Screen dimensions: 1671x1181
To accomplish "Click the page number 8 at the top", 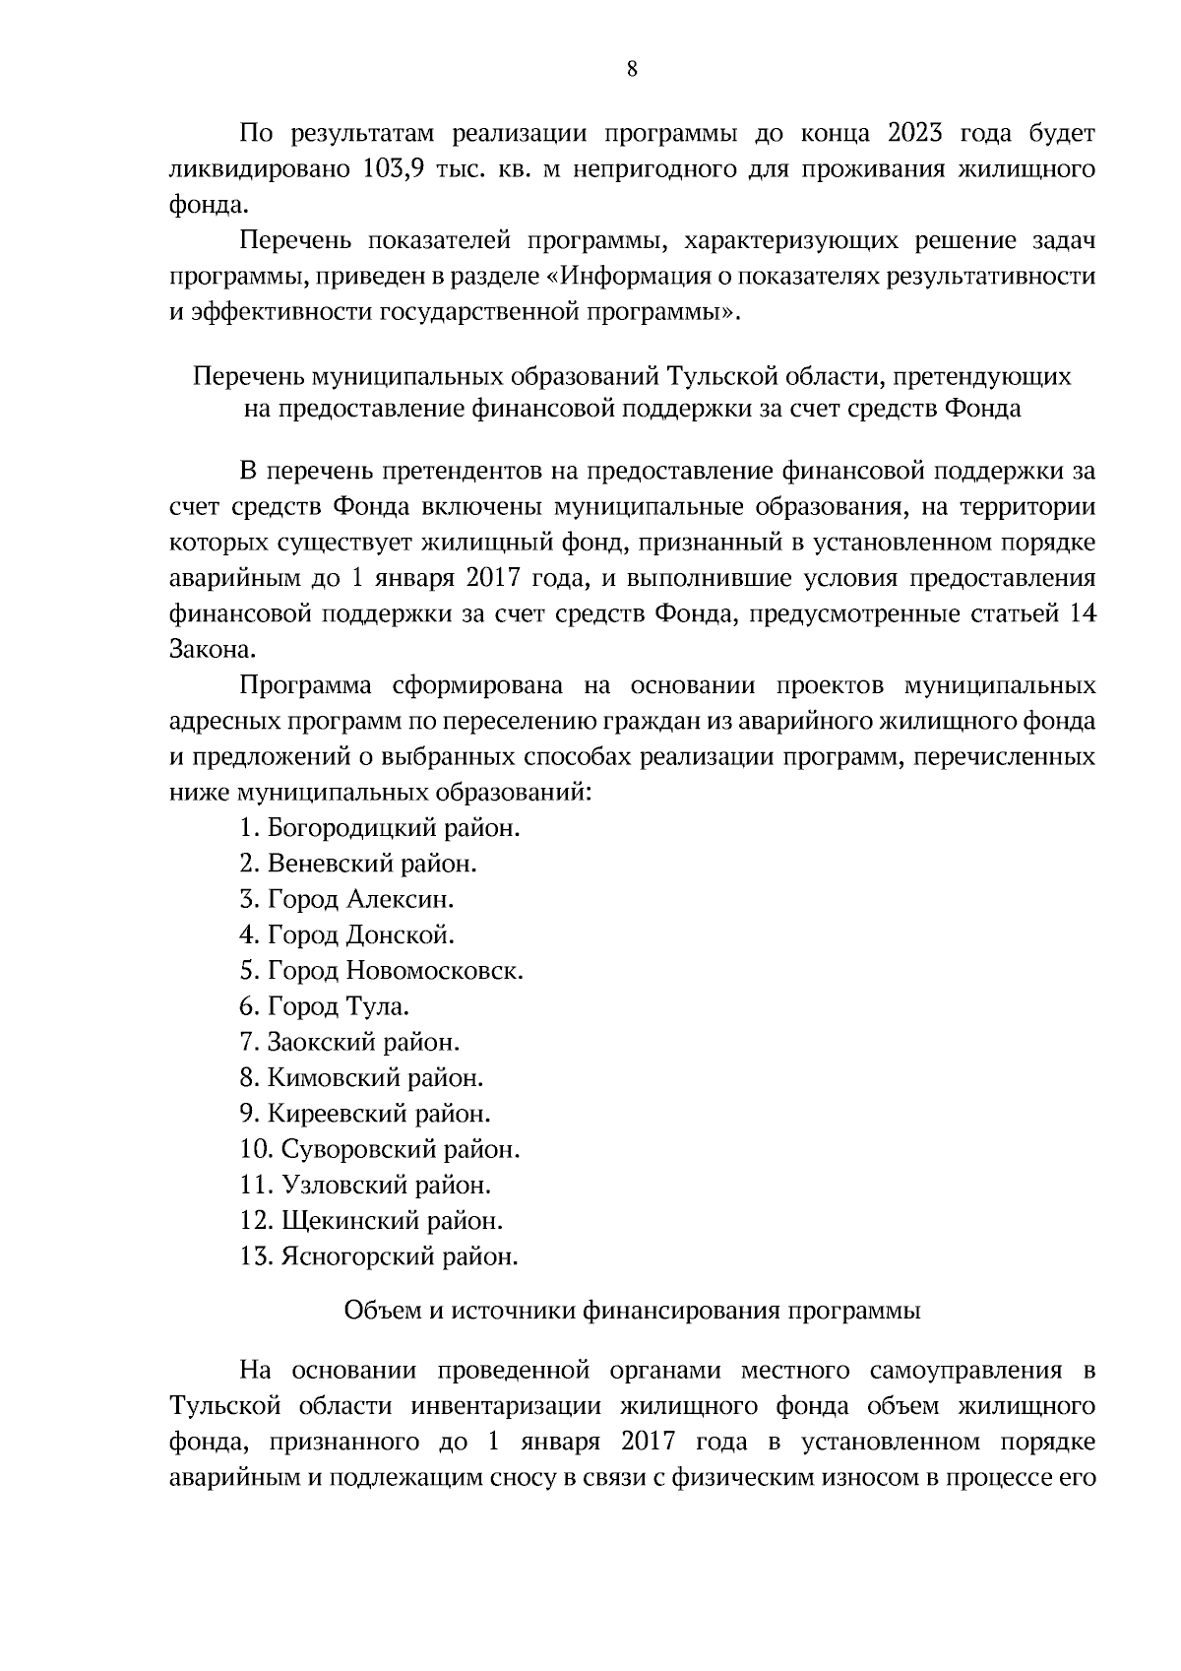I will (x=631, y=69).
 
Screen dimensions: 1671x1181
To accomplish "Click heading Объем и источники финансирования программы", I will (x=632, y=1311).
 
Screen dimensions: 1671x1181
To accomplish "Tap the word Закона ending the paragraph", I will (x=203, y=650).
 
